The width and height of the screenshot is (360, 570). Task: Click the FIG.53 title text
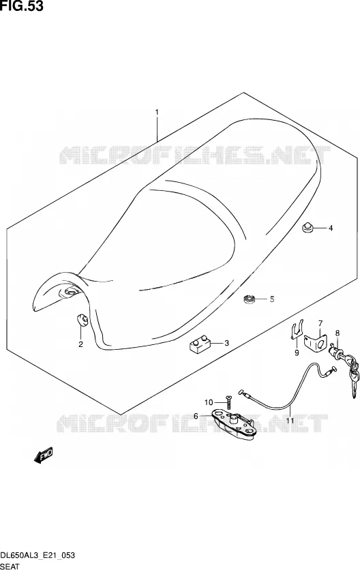21,6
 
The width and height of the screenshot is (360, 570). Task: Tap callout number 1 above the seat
157,112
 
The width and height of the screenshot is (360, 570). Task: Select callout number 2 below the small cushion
80,344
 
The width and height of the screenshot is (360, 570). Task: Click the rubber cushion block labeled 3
200,344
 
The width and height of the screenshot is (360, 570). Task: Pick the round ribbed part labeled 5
250,300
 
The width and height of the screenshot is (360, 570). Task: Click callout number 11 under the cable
290,421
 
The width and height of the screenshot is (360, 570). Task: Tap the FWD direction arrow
44,455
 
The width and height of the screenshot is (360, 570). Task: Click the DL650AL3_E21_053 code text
37,555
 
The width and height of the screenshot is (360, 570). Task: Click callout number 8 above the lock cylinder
337,333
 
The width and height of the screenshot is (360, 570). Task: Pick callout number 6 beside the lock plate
196,416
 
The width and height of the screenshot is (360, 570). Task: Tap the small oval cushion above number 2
82,320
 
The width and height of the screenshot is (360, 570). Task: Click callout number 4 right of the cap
331,228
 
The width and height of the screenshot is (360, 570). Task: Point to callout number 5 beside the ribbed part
271,299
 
